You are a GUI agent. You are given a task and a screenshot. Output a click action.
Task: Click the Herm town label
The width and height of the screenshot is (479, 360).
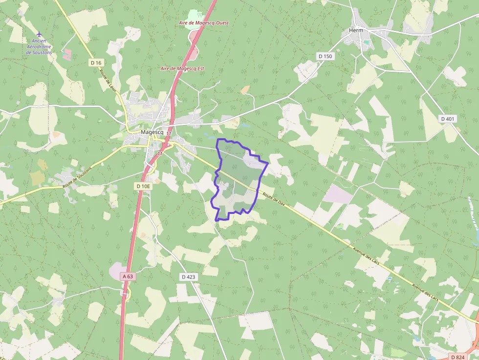point(356,30)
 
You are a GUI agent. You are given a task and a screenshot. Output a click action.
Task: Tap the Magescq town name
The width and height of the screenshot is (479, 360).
point(151,132)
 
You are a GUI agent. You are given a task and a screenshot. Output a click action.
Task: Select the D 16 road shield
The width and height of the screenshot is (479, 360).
point(96,63)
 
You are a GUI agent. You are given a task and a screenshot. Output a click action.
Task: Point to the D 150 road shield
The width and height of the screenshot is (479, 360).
point(325,56)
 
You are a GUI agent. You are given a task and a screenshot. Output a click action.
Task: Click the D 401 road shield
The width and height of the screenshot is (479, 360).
point(447,119)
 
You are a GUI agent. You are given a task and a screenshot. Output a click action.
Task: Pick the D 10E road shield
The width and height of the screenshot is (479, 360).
point(144,186)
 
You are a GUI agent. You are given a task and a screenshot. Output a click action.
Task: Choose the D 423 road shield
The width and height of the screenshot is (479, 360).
point(188,277)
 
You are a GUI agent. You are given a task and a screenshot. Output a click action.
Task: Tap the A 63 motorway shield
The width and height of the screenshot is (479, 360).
point(128,276)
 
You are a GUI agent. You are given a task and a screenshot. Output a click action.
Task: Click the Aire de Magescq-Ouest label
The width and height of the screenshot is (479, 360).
point(204,23)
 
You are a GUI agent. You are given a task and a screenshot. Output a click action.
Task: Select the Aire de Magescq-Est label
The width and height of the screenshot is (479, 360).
point(182,69)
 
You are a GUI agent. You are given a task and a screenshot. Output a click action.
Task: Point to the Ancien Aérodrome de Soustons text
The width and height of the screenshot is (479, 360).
point(39,47)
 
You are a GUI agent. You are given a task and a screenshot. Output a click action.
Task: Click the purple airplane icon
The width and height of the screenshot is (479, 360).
point(39,34)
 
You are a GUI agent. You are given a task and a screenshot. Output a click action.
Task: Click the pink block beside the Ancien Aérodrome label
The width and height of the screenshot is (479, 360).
point(67,53)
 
